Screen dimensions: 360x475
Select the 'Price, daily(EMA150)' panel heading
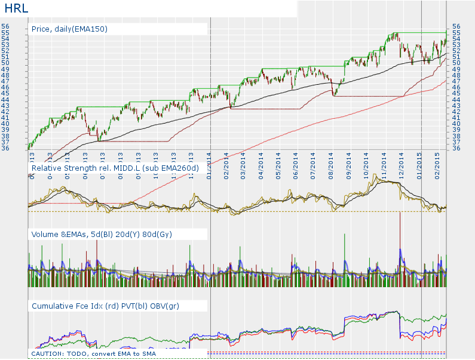click(x=69, y=29)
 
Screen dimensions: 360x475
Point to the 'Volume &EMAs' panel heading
click(x=102, y=235)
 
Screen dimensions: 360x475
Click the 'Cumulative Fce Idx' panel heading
click(x=105, y=306)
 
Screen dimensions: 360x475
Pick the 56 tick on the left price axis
click(x=5, y=26)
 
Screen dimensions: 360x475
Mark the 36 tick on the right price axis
click(x=456, y=148)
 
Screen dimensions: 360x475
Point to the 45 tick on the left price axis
click(x=5, y=93)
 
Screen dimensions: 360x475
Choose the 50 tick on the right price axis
click(x=456, y=63)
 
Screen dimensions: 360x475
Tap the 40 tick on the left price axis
click(x=5, y=124)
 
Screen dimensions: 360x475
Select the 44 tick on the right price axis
click(x=456, y=99)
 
